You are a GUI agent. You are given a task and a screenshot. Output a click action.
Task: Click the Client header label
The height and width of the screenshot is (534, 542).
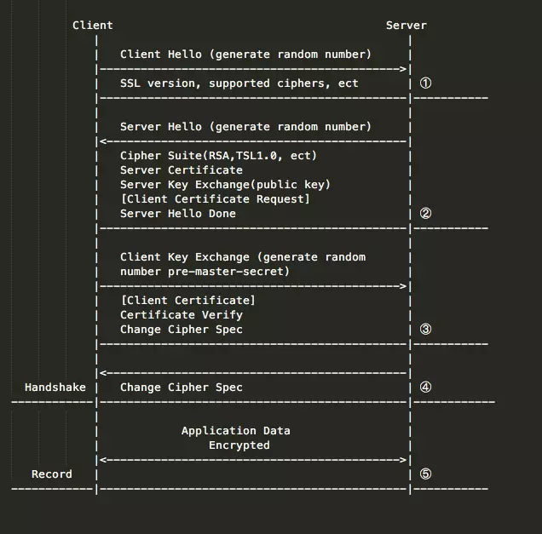coord(93,26)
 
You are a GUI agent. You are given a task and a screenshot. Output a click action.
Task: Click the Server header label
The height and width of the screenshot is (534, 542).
coord(406,26)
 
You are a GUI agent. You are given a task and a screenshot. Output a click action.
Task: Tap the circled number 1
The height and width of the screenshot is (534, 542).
coord(425,83)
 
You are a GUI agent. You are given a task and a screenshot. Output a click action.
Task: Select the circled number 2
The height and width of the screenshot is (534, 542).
coord(425,213)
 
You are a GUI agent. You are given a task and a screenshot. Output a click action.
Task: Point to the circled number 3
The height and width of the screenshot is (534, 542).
coord(425,329)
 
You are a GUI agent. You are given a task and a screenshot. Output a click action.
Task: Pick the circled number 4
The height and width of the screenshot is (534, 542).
coord(425,387)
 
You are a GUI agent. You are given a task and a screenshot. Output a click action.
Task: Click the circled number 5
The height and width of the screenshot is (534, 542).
coord(425,474)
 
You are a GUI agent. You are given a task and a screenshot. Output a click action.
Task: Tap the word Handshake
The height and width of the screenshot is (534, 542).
coord(55,388)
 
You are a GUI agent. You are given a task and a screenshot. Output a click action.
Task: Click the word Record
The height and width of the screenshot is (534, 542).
coord(52,474)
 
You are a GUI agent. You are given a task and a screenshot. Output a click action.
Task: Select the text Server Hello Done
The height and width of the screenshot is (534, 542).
coord(178,214)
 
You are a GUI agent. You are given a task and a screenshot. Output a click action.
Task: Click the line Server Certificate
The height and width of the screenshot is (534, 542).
coord(182,170)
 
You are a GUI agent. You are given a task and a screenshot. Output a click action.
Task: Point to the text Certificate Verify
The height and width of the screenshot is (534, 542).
coord(182,314)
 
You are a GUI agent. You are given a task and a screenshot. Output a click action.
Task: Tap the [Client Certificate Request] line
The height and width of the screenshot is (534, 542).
coord(216,199)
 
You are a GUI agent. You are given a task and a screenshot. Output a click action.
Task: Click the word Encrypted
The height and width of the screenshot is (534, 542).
coord(239,445)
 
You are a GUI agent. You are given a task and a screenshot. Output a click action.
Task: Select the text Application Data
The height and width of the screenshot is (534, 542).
coord(236,431)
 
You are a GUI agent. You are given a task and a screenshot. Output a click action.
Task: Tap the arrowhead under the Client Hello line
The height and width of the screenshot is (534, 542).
coord(403,69)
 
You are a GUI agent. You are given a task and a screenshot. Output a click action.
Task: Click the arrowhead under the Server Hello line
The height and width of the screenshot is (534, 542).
coord(103,141)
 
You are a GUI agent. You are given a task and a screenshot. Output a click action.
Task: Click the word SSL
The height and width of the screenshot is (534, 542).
coord(130,83)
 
